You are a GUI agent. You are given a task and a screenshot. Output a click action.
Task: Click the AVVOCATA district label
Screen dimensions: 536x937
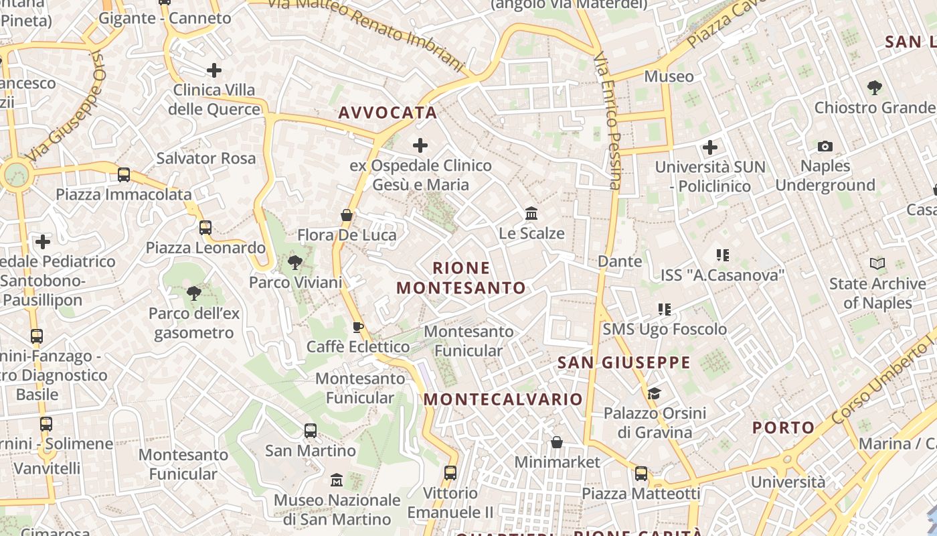pyautogui.click(x=388, y=113)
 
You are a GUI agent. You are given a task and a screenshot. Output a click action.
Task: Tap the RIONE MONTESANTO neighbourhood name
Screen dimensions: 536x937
pyautogui.click(x=461, y=278)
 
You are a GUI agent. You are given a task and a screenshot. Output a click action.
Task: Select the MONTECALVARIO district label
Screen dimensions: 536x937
pyautogui.click(x=503, y=399)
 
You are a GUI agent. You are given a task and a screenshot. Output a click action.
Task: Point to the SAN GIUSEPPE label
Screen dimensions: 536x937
pyautogui.click(x=624, y=362)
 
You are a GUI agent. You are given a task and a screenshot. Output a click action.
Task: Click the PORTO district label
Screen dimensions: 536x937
pyautogui.click(x=784, y=427)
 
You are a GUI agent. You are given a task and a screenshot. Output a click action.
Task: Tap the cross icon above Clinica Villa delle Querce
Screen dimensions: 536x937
pyautogui.click(x=214, y=70)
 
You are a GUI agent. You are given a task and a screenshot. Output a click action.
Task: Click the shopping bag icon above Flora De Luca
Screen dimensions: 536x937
pyautogui.click(x=347, y=215)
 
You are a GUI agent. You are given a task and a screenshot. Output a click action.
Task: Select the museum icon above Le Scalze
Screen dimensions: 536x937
pyautogui.click(x=532, y=213)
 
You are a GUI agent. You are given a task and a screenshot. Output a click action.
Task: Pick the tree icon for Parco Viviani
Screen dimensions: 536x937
pyautogui.click(x=295, y=263)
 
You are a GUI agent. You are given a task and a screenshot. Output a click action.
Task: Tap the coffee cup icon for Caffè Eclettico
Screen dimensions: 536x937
pyautogui.click(x=358, y=327)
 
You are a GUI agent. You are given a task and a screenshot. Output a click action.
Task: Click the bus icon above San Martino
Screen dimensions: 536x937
pyautogui.click(x=311, y=431)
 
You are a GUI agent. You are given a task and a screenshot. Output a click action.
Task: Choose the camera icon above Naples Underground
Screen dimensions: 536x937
pyautogui.click(x=825, y=146)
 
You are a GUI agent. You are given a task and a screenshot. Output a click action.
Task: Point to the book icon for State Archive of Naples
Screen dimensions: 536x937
pyautogui.click(x=877, y=264)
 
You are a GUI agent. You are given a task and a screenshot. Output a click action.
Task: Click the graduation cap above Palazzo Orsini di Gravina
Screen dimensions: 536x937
pyautogui.click(x=654, y=393)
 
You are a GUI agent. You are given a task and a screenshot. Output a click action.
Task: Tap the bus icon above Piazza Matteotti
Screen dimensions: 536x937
pyautogui.click(x=641, y=474)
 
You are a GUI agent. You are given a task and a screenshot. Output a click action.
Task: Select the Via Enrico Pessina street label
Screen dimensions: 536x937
pyautogui.click(x=608, y=121)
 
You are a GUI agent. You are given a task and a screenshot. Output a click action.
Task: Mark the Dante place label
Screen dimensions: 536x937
pyautogui.click(x=620, y=261)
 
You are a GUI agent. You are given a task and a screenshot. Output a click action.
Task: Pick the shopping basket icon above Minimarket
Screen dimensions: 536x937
pyautogui.click(x=557, y=442)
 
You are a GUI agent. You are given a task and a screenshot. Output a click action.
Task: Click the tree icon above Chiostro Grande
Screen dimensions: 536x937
pyautogui.click(x=874, y=87)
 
